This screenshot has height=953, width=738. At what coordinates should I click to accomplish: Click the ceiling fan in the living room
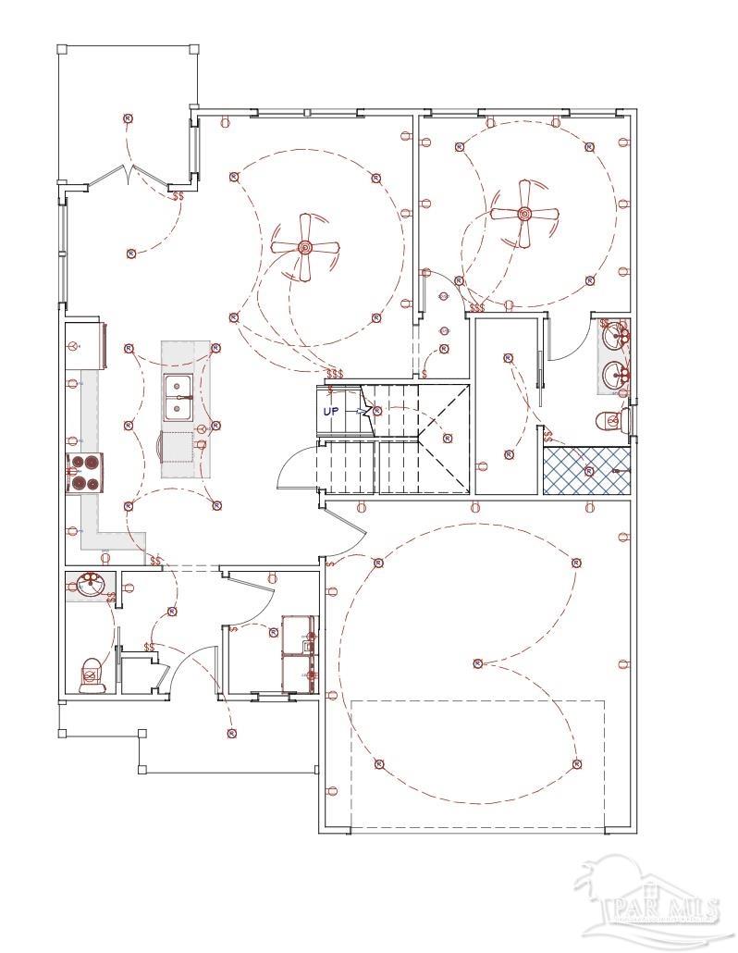[x=304, y=247]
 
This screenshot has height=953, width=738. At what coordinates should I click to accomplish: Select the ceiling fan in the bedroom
[x=523, y=214]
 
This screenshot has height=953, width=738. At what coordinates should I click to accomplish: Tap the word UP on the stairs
[x=331, y=411]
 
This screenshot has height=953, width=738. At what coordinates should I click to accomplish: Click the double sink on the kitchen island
[x=178, y=398]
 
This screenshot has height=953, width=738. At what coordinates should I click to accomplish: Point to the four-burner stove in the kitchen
[x=84, y=472]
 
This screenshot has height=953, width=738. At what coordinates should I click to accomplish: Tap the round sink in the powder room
[x=90, y=586]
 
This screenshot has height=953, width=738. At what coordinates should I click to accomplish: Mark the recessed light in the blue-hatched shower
[x=589, y=471]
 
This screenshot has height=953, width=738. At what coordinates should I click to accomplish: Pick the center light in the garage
[x=477, y=662]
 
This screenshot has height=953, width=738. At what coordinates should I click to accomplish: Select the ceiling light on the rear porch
[x=128, y=118]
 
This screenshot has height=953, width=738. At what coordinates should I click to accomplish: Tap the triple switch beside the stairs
[x=334, y=374]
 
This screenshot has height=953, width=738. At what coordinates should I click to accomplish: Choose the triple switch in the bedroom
[x=477, y=307]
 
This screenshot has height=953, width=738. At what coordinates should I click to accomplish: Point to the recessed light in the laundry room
[x=274, y=631]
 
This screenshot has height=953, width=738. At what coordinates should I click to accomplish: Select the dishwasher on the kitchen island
[x=179, y=446]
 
